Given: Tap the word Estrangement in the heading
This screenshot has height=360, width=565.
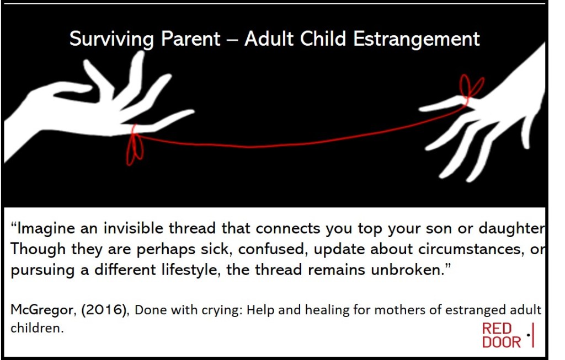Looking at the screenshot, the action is pos(416,39).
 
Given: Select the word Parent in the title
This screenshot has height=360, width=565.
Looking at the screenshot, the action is pos(190,39).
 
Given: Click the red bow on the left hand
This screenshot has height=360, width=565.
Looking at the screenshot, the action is pos(135,146).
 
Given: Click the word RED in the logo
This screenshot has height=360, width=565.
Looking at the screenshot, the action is pos(497,329).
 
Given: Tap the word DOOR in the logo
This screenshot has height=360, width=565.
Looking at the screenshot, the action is pos(501,342).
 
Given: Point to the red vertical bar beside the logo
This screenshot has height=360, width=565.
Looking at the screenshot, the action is pos(532,335).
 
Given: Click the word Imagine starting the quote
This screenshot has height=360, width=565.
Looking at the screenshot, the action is pos(46,229).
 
